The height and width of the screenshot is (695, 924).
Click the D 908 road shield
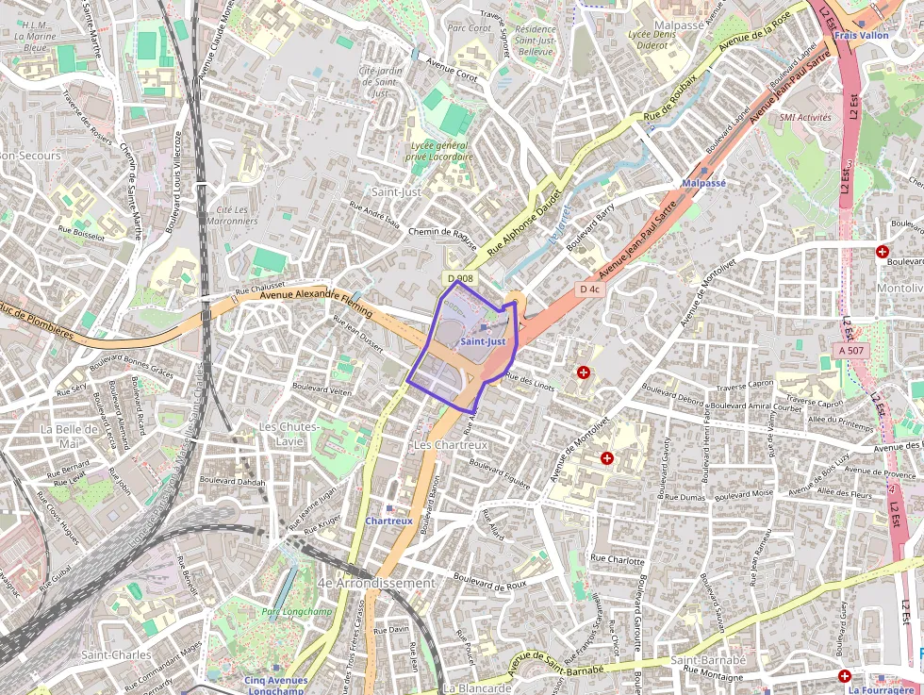(x=460, y=278)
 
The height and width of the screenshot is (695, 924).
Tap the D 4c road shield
(x=590, y=289)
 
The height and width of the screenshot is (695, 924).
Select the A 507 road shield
(x=851, y=351)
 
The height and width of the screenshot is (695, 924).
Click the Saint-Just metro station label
(x=484, y=341)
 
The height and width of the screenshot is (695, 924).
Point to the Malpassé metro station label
(x=703, y=183)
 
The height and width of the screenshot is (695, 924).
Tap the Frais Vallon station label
(x=861, y=36)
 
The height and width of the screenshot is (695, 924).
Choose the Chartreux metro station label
(x=389, y=521)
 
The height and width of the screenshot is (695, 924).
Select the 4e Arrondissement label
(x=377, y=584)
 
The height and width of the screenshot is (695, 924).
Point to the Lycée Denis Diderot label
(x=652, y=40)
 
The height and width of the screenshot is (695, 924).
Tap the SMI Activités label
(x=805, y=118)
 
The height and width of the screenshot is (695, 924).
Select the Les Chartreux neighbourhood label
(x=451, y=444)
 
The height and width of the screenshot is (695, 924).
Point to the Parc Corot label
(x=470, y=28)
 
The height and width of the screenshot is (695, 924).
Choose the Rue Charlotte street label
(x=617, y=559)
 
